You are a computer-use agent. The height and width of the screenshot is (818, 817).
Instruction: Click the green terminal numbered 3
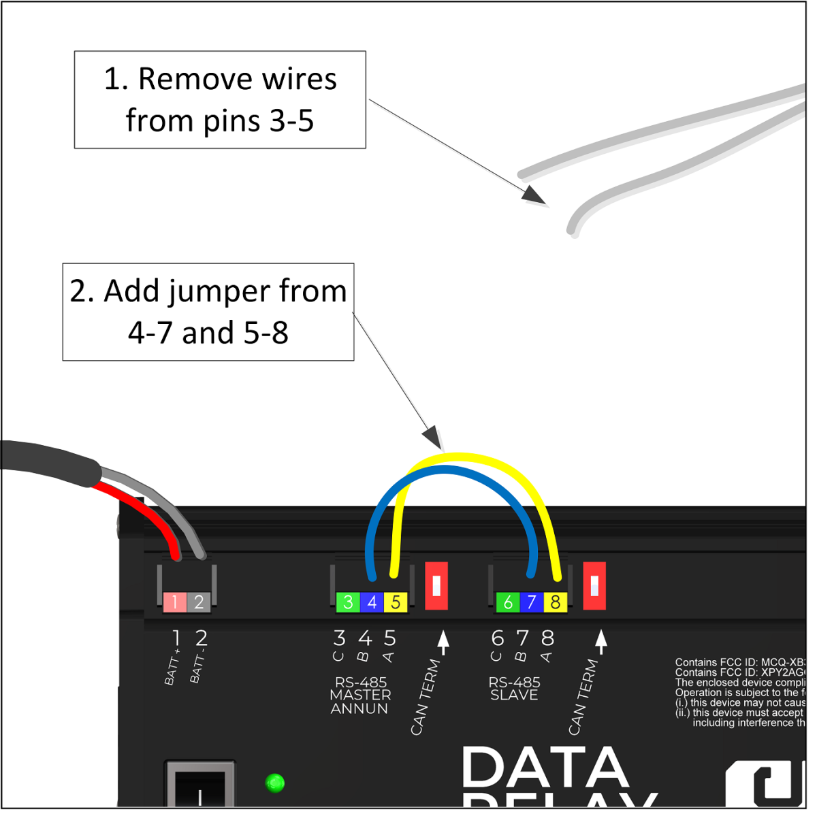348,602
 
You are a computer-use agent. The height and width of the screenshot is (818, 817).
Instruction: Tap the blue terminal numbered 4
372,602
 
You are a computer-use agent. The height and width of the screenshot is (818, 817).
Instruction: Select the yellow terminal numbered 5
396,602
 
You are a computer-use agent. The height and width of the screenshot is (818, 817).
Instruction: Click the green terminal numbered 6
507,602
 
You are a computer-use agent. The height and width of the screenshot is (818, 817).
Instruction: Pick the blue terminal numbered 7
531,602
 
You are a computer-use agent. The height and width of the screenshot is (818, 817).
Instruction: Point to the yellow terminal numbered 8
555,602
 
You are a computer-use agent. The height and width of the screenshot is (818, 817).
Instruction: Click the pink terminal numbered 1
175,602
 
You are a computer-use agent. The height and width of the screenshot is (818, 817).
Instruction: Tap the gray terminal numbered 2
199,602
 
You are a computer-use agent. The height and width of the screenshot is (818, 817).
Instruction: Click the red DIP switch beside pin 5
436,586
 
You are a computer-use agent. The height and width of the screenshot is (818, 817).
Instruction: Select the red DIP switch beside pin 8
594,586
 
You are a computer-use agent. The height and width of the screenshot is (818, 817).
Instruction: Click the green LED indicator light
274,783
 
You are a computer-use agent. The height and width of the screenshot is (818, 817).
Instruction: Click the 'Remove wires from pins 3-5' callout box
220,100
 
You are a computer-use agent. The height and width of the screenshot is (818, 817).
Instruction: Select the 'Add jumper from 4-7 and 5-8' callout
208,312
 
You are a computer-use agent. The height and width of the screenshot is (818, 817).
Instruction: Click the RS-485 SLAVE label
514,689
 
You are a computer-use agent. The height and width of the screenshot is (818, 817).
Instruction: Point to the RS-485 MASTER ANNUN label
360,696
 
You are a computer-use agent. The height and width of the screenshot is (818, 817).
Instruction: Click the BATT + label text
173,667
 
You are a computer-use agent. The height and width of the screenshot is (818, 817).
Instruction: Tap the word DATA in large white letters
545,768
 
